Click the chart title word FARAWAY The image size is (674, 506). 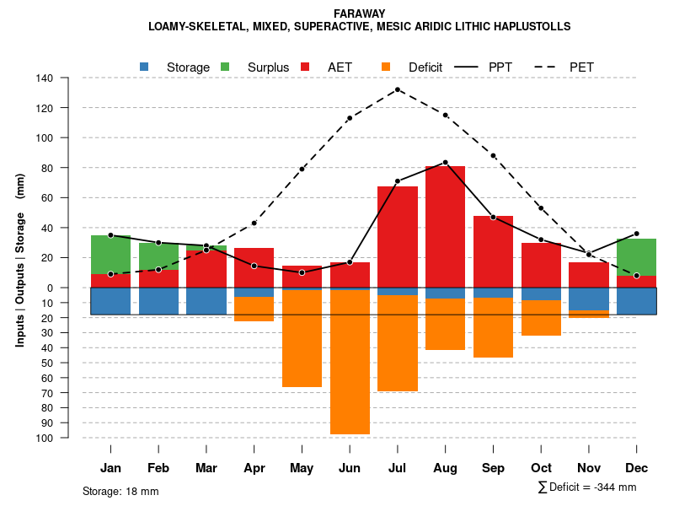(359, 13)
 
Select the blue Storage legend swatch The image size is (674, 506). (144, 67)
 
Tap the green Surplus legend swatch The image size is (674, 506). (225, 67)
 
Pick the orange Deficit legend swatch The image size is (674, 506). (386, 67)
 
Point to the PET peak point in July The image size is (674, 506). (397, 89)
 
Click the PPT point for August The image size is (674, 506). (445, 162)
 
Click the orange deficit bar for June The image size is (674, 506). (349, 363)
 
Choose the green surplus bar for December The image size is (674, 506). (636, 257)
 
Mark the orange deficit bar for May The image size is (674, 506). (302, 338)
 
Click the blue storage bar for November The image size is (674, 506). (589, 299)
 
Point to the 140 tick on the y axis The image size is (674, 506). (67, 78)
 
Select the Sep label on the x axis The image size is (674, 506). (493, 468)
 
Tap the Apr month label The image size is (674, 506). (254, 468)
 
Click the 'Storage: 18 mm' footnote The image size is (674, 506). (120, 491)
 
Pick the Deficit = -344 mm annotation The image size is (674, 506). (586, 487)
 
